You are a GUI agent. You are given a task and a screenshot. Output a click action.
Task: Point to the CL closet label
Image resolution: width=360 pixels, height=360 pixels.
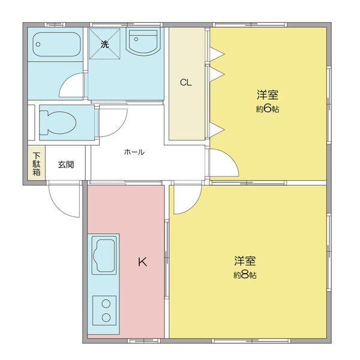pos(186,83)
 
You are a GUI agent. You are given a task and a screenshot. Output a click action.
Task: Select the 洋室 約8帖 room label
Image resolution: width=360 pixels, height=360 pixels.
pos(245,268)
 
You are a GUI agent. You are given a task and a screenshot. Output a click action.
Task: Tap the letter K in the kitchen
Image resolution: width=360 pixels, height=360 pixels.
pos(142,262)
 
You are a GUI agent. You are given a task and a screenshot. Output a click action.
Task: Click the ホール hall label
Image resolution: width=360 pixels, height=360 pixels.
pos(134,152)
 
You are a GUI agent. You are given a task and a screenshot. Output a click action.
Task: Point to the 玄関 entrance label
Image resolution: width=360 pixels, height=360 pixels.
pos(66,164)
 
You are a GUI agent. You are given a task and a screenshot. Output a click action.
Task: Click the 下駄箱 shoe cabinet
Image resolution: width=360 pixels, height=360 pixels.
pos(36,164)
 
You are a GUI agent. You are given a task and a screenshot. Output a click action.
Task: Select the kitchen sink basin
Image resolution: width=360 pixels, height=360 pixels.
pos(104,255)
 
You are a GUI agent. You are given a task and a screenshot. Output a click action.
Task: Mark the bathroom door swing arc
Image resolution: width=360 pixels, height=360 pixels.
pos(72,87)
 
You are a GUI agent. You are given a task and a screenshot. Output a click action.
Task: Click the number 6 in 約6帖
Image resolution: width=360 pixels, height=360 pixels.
pos(268,109)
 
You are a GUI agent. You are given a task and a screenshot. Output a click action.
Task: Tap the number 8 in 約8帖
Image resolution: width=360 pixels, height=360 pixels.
pos(246,275)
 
